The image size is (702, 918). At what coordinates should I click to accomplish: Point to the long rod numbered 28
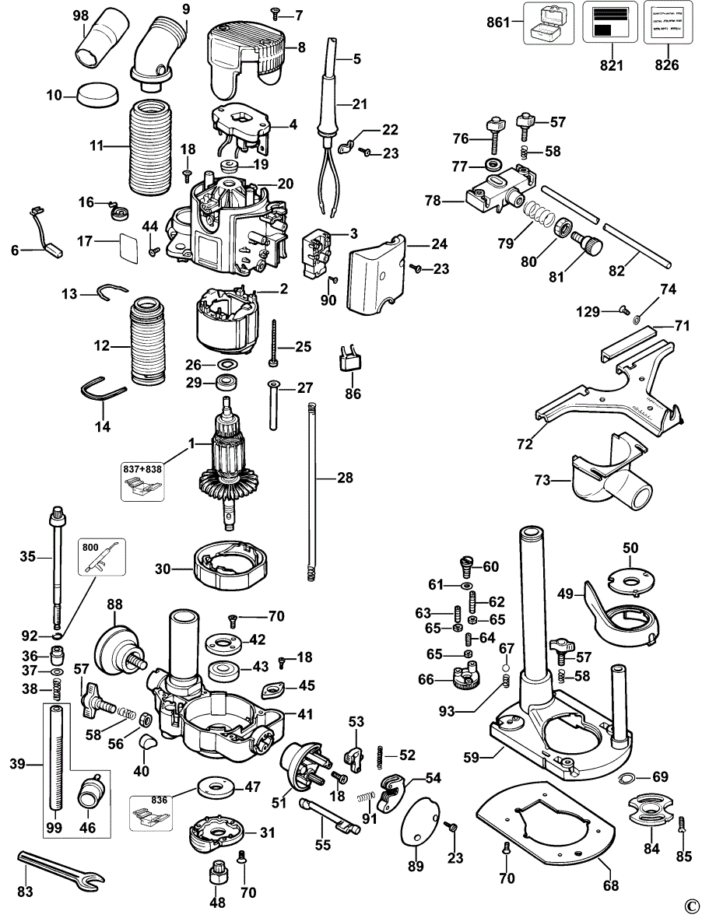click(312, 490)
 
